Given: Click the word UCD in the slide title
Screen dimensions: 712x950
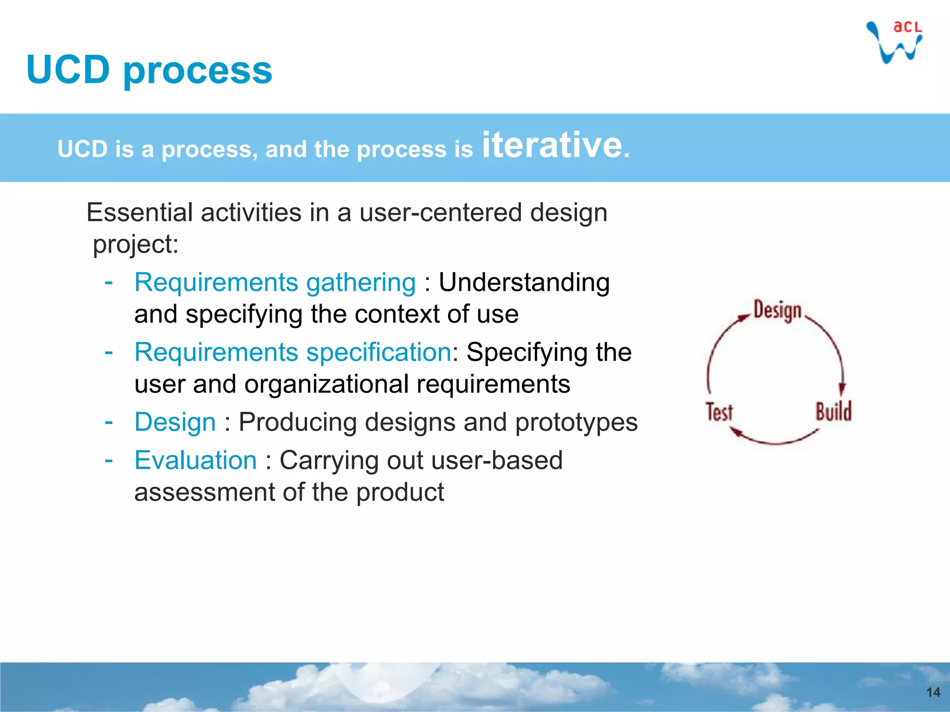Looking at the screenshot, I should pos(68,70).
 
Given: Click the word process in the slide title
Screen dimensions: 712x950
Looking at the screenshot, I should pos(198,72).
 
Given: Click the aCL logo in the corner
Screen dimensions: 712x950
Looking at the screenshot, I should pos(895,42).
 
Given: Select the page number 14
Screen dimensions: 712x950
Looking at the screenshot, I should pos(933,693).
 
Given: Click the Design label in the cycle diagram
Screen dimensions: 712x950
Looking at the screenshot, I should pos(777,311).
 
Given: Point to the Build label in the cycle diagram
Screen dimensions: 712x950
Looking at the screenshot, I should pos(834,412).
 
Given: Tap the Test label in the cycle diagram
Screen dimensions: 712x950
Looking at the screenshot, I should pos(719,412).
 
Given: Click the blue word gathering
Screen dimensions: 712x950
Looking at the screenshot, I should pos(361,283).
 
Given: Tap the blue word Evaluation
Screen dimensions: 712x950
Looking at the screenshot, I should pos(195,461).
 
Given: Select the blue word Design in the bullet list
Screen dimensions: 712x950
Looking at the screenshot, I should pos(175,422).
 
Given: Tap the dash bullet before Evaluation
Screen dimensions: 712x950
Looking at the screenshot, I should pos(109,460).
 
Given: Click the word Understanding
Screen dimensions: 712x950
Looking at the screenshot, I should pos(524,283).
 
